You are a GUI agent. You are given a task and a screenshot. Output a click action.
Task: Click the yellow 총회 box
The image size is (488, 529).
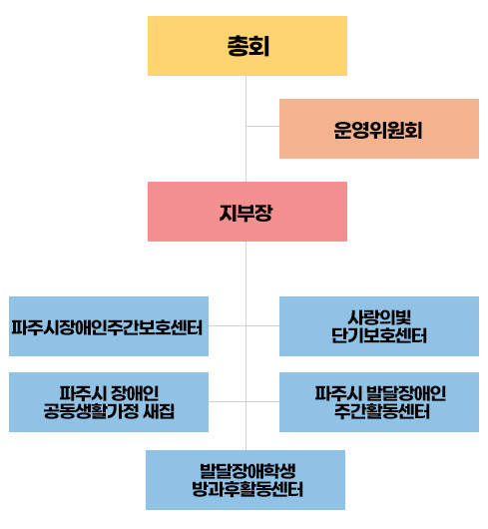pos(247,46)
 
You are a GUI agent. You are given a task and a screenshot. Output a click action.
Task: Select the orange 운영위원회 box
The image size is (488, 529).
pos(379,129)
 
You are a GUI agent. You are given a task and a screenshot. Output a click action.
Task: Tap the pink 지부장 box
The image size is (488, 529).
pos(247,212)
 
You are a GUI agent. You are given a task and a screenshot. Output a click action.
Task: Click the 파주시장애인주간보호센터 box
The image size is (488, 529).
pos(109,326)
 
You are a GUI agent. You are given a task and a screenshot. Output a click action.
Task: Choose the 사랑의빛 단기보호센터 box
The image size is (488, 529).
pos(379,326)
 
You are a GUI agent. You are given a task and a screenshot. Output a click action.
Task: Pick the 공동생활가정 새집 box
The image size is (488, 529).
pos(109,402)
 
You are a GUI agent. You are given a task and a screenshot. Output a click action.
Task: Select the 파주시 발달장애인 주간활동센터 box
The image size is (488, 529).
pos(379,402)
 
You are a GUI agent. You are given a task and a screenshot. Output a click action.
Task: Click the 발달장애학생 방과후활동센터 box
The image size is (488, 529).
pos(245,480)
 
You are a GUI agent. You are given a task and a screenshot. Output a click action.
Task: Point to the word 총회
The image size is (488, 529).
pos(248,46)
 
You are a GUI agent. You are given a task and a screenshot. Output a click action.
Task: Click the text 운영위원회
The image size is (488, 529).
pos(378,130)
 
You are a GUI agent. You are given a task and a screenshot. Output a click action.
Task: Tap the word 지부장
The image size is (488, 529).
pos(245,213)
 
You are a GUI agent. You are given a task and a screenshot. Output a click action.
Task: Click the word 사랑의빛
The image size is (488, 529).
pos(379,317)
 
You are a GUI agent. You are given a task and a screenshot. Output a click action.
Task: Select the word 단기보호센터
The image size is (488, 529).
pos(379,335)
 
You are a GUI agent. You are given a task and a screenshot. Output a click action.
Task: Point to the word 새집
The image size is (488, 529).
pos(159,411)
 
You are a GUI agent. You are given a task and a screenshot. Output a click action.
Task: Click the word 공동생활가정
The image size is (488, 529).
pos(91,411)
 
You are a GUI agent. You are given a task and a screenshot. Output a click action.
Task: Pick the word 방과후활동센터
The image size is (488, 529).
pos(247,489)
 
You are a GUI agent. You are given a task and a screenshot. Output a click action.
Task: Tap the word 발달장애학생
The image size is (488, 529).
pos(247,471)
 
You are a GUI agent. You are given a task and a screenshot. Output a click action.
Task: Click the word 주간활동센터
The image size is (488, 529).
pos(382,411)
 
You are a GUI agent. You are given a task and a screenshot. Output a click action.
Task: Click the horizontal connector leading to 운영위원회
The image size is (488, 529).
pos(262,126)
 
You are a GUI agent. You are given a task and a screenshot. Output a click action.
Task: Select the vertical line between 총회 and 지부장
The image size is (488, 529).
pos(245,129)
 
